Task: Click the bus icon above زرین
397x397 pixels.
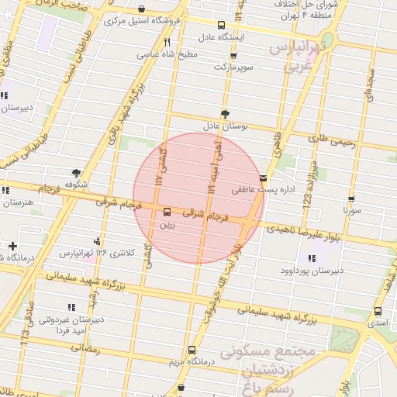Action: [x=167, y=212]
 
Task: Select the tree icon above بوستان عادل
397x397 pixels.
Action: [x=225, y=113]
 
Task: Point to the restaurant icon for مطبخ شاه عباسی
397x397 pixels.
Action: [x=167, y=43]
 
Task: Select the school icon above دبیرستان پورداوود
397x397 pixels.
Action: [x=311, y=258]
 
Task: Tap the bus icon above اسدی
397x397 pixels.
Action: [x=378, y=311]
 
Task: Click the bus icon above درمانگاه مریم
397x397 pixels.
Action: [x=192, y=350]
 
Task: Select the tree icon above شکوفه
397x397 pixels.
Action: [x=75, y=173]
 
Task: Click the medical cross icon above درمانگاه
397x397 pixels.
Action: [x=12, y=246]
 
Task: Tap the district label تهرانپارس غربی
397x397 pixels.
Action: [x=301, y=57]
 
